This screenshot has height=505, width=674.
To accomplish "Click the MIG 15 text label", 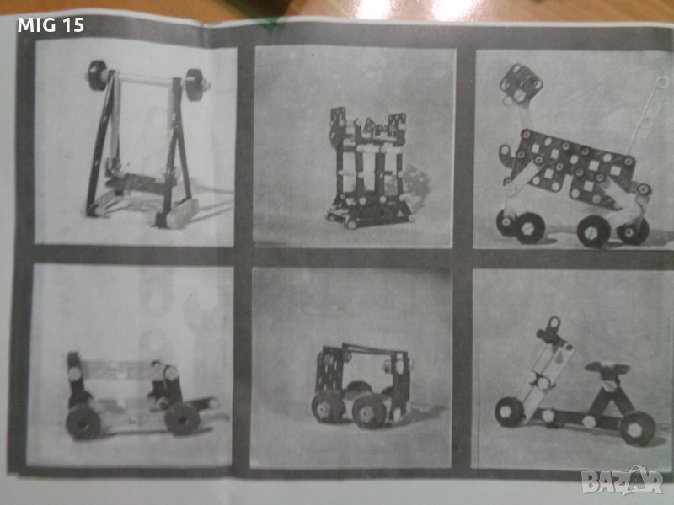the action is click(51, 25).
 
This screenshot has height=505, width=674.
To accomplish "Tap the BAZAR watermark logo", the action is click(622, 481).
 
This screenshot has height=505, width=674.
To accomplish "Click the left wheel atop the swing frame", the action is click(98, 75).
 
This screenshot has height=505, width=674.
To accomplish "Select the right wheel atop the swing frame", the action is click(195, 85).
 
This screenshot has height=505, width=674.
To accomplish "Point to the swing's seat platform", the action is click(140, 183).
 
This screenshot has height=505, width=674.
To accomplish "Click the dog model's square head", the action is click(521, 84).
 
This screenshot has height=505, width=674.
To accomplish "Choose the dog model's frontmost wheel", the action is click(530, 228).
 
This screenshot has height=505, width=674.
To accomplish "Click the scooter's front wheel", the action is click(510, 412).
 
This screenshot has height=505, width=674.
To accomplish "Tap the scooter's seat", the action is click(607, 369).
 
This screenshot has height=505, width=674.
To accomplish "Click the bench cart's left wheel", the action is click(83, 422).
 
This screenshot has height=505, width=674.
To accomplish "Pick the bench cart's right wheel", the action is click(182, 418).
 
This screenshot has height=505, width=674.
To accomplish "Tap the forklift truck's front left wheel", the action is click(325, 407).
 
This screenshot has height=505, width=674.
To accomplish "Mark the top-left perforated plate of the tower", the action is click(339, 120).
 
